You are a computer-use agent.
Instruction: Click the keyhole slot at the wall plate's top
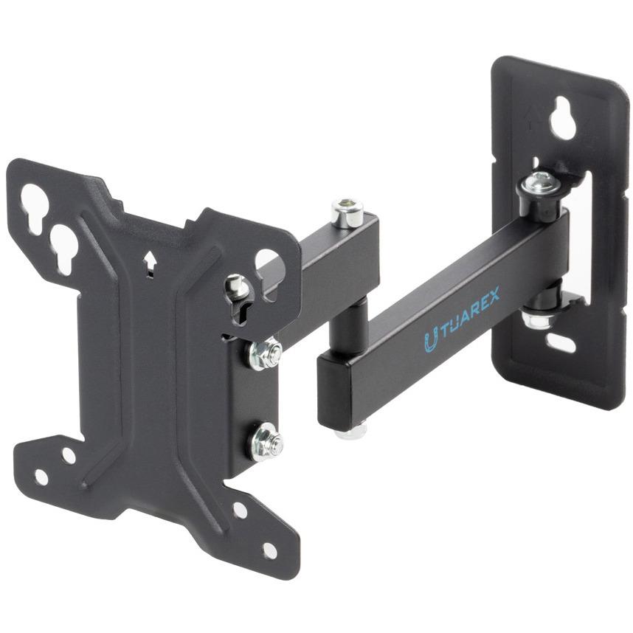[x=562, y=118]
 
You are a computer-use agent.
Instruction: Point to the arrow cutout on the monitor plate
[x=150, y=263]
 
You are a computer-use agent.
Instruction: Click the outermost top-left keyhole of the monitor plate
[x=34, y=208]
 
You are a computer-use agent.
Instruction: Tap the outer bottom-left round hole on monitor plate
[x=41, y=477]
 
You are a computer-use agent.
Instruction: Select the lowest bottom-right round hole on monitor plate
[x=269, y=551]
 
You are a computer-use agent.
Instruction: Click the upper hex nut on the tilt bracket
[x=265, y=355]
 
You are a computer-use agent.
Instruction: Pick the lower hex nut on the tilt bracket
[x=265, y=443]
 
